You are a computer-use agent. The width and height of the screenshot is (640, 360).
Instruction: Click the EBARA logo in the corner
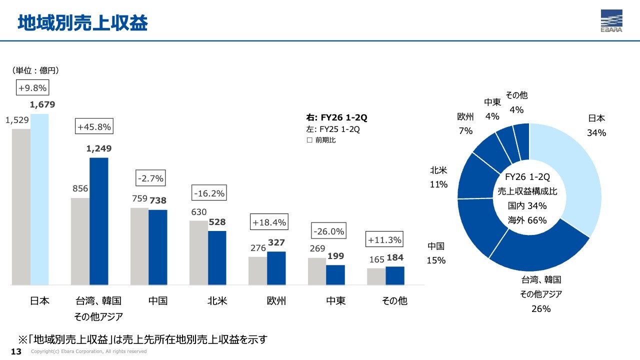(611, 21)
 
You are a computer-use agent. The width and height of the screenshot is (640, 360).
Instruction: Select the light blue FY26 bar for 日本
(39, 199)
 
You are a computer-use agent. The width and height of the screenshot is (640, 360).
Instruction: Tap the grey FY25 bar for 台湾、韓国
(80, 241)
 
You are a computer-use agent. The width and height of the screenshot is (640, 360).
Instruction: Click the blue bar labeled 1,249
(99, 221)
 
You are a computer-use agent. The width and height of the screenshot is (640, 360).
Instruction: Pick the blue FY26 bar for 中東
(335, 275)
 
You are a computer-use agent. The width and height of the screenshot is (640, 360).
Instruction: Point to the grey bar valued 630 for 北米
(198, 253)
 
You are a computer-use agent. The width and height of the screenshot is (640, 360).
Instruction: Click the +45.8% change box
(94, 126)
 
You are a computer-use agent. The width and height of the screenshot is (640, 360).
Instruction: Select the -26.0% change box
(329, 230)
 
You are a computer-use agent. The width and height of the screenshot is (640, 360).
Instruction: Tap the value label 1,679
(42, 104)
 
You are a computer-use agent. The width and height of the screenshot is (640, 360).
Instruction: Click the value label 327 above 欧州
(276, 242)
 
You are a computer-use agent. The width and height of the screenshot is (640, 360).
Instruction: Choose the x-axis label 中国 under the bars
(157, 300)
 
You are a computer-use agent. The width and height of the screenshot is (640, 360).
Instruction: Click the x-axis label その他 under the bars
(394, 300)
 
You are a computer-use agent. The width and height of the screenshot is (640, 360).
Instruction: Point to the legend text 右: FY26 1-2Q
(336, 117)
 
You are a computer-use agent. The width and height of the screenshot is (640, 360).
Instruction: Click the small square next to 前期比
(309, 140)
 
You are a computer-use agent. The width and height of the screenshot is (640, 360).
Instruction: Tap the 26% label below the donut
(541, 309)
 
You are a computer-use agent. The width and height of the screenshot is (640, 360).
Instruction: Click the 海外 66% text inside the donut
(527, 220)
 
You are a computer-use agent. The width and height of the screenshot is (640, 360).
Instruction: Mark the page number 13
(16, 351)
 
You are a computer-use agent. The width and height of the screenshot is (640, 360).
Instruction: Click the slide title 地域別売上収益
(82, 22)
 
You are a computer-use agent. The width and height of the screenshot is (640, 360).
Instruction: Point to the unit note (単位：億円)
(35, 70)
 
